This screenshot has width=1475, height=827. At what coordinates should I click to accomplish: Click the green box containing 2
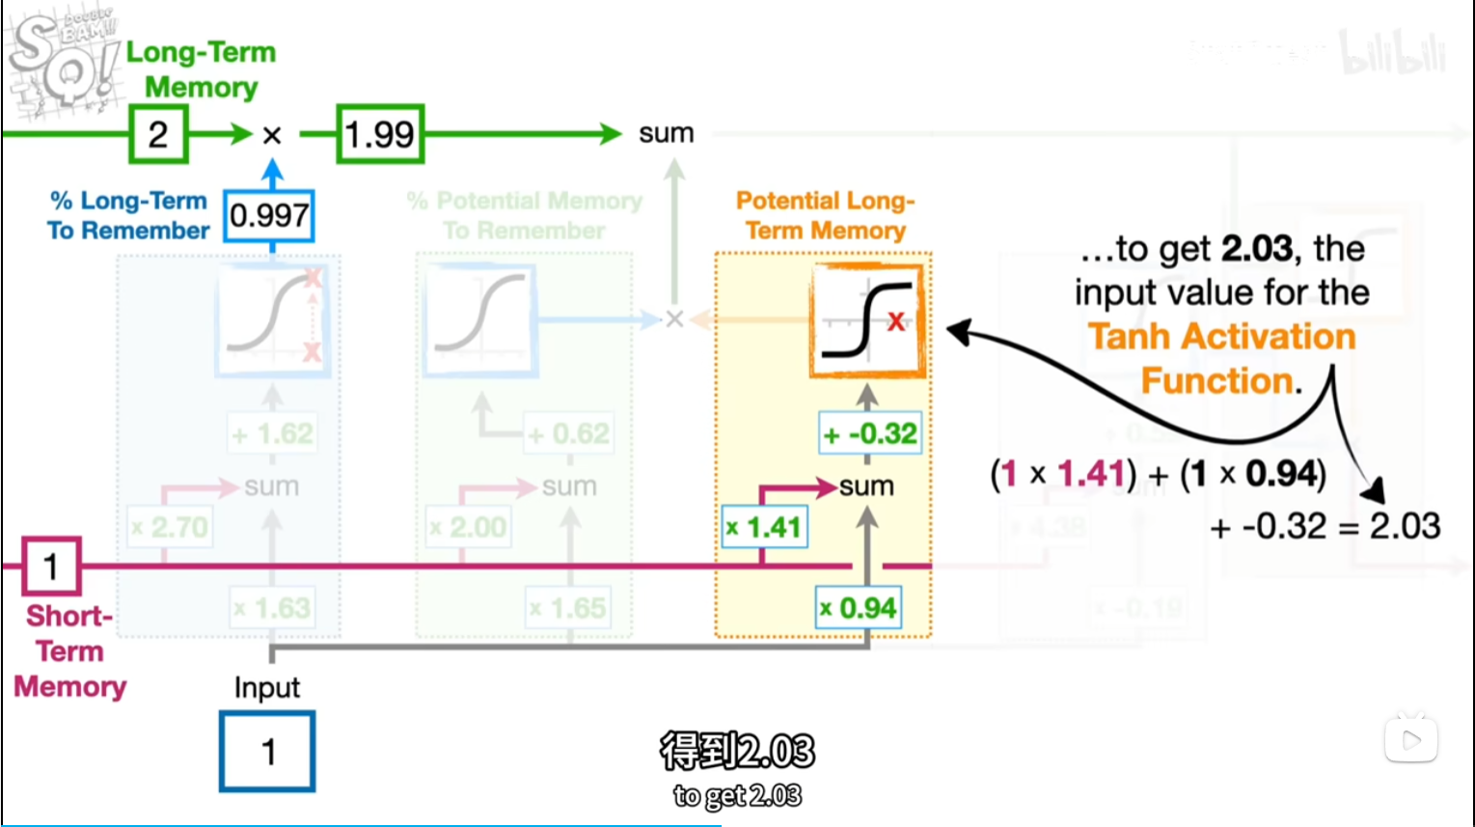click(x=158, y=134)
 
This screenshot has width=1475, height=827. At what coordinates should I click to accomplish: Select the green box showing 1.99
click(x=380, y=134)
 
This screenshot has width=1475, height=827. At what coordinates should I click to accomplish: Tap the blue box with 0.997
click(x=269, y=215)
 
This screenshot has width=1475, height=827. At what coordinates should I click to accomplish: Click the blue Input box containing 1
click(x=267, y=751)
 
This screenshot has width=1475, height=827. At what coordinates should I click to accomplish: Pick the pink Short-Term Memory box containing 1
click(x=51, y=566)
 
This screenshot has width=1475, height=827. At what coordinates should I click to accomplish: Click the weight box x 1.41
click(x=764, y=527)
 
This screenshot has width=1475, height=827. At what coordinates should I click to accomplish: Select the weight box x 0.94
click(x=859, y=608)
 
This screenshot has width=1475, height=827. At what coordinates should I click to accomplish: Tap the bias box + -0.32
click(x=869, y=433)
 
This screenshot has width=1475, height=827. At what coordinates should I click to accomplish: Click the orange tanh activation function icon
click(x=866, y=320)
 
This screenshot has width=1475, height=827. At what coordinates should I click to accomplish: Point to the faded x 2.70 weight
click(x=170, y=527)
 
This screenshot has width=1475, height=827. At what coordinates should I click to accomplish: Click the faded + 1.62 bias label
click(x=273, y=433)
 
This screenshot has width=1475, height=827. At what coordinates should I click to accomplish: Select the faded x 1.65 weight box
click(x=567, y=608)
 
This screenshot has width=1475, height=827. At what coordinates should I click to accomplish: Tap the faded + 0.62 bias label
click(x=569, y=433)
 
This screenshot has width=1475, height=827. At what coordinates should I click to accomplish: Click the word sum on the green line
click(x=666, y=133)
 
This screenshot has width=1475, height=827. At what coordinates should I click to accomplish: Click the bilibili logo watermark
click(x=1393, y=54)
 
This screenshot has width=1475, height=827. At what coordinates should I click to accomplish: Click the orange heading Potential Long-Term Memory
click(x=825, y=215)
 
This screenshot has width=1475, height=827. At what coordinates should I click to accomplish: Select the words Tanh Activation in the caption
click(x=1221, y=337)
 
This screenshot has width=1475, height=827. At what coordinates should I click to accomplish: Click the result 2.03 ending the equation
click(x=1405, y=526)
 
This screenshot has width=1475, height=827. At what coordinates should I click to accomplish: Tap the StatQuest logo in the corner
click(x=63, y=61)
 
